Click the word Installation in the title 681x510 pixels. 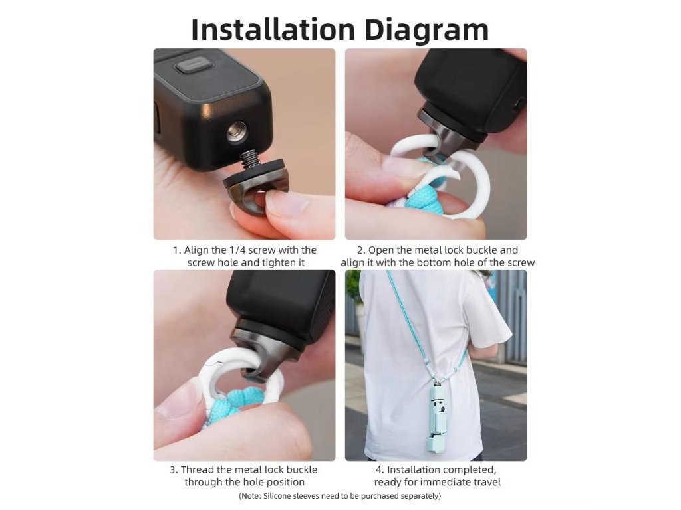[x=273, y=29]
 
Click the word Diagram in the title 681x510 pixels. [x=427, y=31]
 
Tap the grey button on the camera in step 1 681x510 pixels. [x=194, y=68]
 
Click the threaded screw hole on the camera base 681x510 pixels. [x=237, y=132]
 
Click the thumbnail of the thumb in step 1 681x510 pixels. [x=286, y=201]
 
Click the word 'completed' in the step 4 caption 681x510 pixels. [x=466, y=470]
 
